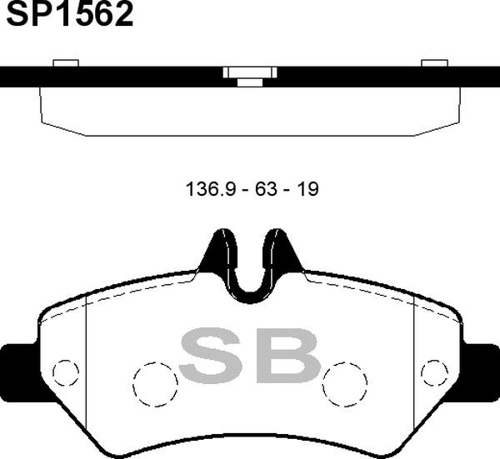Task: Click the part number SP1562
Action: click(69, 13)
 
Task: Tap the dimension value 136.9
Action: click(211, 189)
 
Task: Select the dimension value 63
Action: click(266, 189)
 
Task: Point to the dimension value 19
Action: click(307, 189)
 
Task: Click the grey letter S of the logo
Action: click(210, 355)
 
